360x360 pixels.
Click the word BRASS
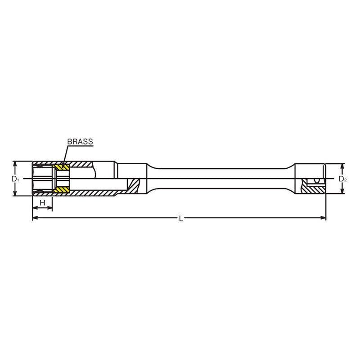[80, 142]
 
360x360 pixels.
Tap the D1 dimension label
[15, 179]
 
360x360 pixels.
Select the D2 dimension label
[342, 179]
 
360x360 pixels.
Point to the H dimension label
[42, 203]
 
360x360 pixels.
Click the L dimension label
[180, 218]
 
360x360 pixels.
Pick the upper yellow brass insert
[62, 167]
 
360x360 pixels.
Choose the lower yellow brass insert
[62, 190]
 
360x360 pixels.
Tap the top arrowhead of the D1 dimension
[15, 165]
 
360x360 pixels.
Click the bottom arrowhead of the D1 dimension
[15, 193]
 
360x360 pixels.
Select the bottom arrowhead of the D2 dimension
[342, 191]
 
